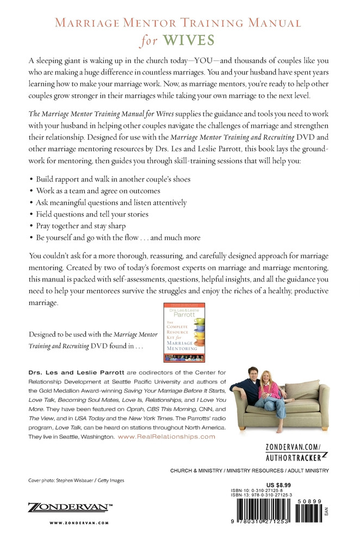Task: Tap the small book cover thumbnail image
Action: click(x=181, y=333)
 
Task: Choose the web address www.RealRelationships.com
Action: click(x=166, y=437)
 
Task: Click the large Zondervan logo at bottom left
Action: click(x=70, y=508)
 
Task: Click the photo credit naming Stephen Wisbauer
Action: click(x=76, y=480)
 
